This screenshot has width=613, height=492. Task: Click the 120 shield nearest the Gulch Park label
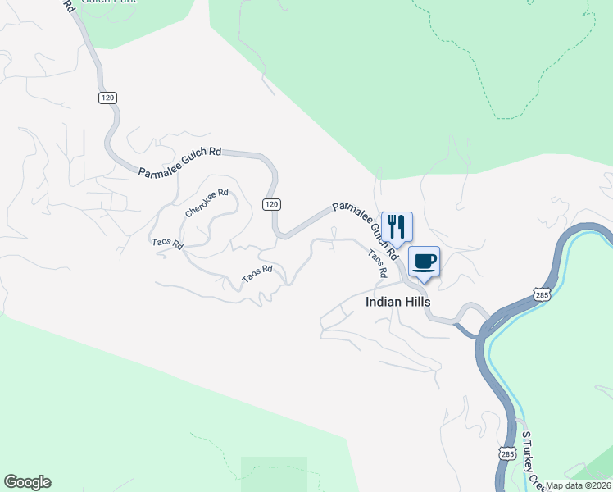[x=108, y=98]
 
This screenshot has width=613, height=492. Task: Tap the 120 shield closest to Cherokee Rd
[x=273, y=203]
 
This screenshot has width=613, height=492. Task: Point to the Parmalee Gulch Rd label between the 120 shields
[x=180, y=162]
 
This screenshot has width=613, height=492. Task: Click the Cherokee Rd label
[x=207, y=204]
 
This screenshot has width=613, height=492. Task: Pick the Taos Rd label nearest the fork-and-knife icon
[x=377, y=262]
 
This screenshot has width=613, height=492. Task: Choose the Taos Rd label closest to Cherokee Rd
[x=167, y=244]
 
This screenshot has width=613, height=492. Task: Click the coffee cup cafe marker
[x=424, y=261]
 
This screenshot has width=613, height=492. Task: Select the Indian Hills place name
[x=397, y=302]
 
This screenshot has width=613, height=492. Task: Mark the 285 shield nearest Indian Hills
[x=542, y=293]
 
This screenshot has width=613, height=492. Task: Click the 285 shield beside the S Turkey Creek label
[x=506, y=453]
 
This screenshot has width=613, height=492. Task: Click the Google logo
[x=27, y=482]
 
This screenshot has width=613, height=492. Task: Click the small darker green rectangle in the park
[x=274, y=473]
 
